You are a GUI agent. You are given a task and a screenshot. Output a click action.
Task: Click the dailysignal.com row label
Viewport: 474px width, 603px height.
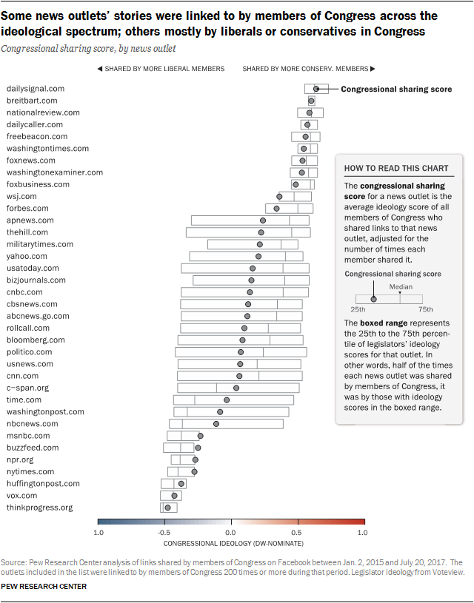(35, 89)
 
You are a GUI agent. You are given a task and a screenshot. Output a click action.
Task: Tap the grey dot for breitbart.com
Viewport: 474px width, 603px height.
(311, 101)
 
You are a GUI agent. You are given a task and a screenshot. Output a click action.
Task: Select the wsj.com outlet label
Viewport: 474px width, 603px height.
(21, 196)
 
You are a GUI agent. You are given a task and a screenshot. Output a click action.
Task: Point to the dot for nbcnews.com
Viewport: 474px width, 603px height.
(216, 424)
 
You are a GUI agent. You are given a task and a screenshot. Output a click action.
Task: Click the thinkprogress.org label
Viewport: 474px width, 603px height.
(39, 508)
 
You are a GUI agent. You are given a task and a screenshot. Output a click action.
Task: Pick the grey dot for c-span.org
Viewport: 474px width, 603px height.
(236, 388)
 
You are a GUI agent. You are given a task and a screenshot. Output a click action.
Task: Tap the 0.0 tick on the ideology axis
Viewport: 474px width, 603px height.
(230, 532)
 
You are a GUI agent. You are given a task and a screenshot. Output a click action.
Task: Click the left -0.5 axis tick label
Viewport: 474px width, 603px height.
(164, 532)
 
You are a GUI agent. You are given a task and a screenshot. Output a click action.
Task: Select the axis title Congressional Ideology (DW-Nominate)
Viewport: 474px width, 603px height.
(230, 543)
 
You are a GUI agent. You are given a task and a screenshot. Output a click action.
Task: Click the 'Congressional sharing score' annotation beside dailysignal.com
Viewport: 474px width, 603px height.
(396, 90)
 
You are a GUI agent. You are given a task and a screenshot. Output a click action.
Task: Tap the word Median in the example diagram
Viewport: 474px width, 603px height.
(401, 286)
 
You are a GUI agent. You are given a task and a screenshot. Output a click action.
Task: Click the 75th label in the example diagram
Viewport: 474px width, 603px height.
(426, 309)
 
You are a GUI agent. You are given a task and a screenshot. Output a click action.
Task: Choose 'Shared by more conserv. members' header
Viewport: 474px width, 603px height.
(305, 69)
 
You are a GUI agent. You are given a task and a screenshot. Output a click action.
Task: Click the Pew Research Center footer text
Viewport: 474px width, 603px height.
(44, 587)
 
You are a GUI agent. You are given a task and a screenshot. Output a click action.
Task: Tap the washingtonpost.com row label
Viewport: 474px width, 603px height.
(45, 411)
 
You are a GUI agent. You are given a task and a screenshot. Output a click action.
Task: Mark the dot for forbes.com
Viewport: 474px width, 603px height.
(276, 209)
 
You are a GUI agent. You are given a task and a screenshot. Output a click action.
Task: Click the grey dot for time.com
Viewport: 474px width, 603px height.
(227, 400)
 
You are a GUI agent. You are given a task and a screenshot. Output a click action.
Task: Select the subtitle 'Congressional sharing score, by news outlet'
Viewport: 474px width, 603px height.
(88, 48)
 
